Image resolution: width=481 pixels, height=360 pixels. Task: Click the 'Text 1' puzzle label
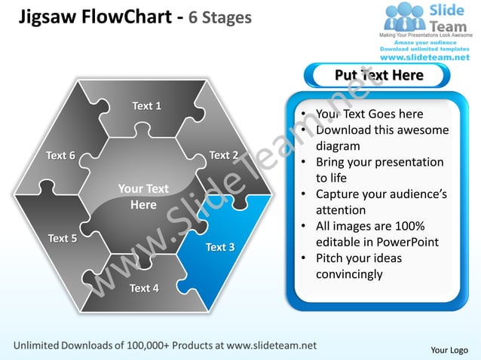[146, 106]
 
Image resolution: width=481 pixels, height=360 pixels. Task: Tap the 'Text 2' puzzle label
[224, 155]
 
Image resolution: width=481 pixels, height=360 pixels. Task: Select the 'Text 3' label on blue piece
[219, 247]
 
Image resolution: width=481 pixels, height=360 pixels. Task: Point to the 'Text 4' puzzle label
[144, 288]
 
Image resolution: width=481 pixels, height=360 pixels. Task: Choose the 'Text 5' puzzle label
[63, 239]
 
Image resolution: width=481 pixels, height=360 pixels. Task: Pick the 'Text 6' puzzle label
[60, 156]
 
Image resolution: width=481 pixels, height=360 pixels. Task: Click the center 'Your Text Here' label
[143, 197]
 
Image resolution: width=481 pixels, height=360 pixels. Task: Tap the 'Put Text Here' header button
[378, 75]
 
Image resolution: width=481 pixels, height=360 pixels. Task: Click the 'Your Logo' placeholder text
[449, 349]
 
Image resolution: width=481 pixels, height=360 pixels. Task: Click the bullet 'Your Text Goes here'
[369, 114]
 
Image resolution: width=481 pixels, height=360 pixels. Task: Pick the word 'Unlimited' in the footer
[41, 345]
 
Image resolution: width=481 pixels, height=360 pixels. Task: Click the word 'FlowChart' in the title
[130, 17]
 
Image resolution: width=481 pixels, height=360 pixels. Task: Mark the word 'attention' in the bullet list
[340, 210]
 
